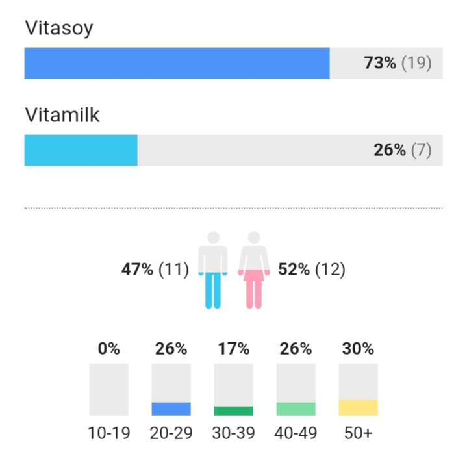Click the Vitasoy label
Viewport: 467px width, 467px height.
click(59, 28)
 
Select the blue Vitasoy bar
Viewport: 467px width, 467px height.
click(177, 63)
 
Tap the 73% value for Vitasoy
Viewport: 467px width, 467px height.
click(380, 63)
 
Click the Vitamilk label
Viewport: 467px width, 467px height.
click(62, 115)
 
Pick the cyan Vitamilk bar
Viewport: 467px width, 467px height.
click(81, 150)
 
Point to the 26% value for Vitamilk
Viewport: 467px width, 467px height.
click(390, 150)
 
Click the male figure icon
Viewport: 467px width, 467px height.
click(213, 270)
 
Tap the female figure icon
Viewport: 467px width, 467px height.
click(254, 270)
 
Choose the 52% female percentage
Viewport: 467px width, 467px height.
click(294, 270)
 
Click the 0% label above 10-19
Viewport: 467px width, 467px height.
click(108, 349)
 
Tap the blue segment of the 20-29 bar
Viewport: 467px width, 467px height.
click(171, 409)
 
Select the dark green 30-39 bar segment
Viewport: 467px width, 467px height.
click(233, 410)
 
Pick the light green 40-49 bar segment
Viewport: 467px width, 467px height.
click(296, 409)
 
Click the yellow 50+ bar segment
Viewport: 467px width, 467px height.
click(358, 407)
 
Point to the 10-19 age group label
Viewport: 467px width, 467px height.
click(108, 433)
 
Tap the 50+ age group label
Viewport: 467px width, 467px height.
click(358, 433)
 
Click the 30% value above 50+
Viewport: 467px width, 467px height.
click(358, 349)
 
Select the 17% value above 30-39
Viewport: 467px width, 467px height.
click(233, 349)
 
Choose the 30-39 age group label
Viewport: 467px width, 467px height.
click(233, 433)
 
